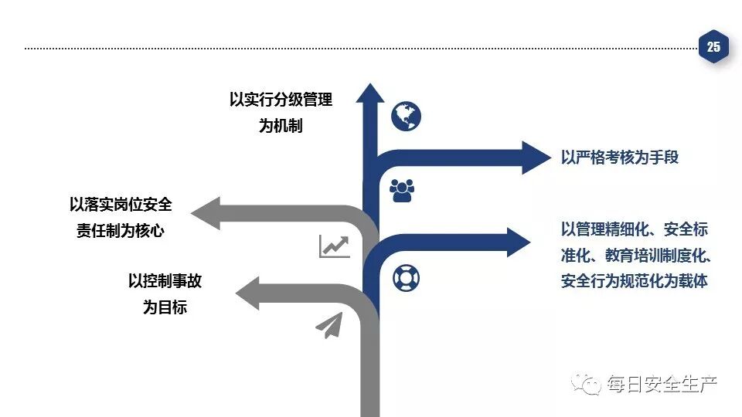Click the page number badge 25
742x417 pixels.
coord(713,47)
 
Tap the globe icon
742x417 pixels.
coord(406,117)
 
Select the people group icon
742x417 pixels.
coord(402,189)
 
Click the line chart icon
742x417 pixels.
coord(335,246)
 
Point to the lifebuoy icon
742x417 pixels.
coord(406,277)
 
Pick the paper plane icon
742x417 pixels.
coord(329,325)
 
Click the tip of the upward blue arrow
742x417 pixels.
coord(370,87)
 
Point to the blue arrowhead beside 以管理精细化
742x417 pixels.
coord(518,241)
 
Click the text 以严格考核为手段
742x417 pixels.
coord(620,158)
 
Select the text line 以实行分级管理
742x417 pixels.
coord(281,100)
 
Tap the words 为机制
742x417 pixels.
coord(281,126)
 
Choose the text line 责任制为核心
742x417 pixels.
coord(121,230)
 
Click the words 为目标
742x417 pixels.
coord(165,307)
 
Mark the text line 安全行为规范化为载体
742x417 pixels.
coord(634,280)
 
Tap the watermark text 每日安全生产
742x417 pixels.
coord(662,384)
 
